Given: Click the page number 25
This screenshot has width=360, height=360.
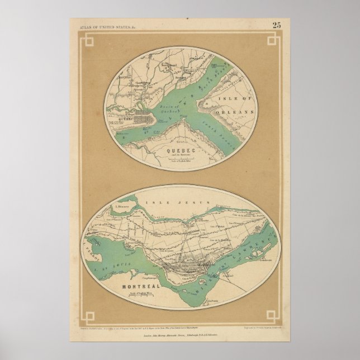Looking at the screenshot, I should click(x=277, y=24).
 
